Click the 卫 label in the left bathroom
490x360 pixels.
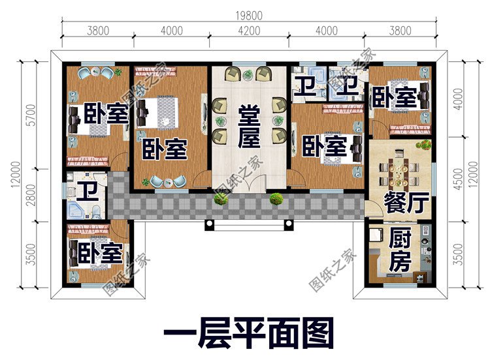[85, 192]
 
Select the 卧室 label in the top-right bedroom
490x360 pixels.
[394, 98]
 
